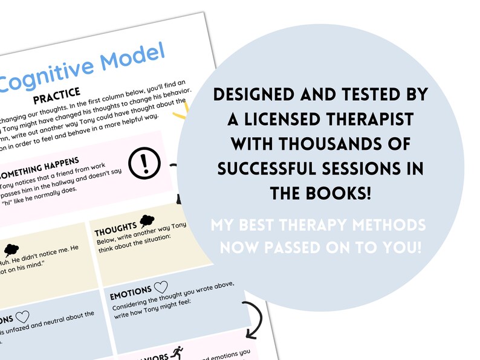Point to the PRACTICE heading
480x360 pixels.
57,96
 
